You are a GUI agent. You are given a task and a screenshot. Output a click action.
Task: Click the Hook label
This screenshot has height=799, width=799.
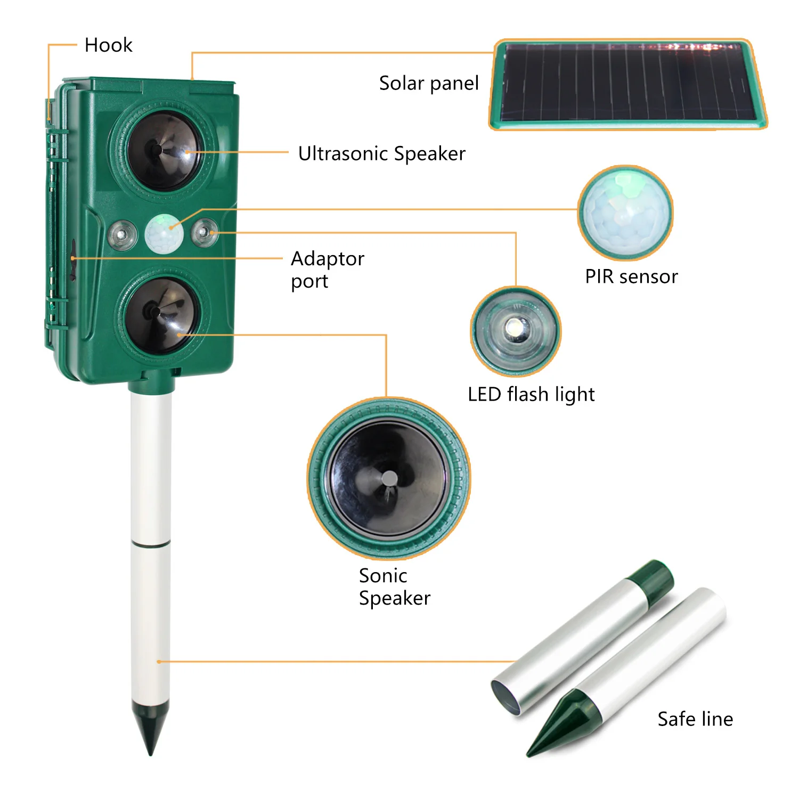108,45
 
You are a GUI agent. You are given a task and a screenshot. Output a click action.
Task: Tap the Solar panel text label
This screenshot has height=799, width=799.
429,83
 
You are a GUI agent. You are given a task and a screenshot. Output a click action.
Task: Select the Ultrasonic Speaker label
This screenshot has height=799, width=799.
381,153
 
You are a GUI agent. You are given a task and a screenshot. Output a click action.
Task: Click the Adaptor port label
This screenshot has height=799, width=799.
327,270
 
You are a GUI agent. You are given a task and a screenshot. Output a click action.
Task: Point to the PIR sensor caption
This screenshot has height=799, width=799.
631,276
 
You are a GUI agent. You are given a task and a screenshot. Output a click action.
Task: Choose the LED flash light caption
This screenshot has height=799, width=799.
531,394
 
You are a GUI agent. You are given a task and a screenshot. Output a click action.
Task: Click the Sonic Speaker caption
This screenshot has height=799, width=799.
394,586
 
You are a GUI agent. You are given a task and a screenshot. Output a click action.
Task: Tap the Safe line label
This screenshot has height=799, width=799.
695,719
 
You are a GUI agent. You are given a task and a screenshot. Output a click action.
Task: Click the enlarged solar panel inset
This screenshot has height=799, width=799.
629,84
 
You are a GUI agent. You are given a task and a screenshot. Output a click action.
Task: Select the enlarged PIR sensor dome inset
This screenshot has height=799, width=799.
625,212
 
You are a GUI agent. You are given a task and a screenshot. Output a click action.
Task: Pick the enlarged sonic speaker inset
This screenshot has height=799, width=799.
388,478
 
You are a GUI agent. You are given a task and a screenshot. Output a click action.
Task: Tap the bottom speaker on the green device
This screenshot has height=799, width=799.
161,315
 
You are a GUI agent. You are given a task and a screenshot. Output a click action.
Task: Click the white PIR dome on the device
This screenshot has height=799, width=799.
164,234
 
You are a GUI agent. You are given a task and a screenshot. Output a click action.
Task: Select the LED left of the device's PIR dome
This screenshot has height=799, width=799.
123,234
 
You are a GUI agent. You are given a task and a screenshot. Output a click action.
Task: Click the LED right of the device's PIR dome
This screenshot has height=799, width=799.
205,232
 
